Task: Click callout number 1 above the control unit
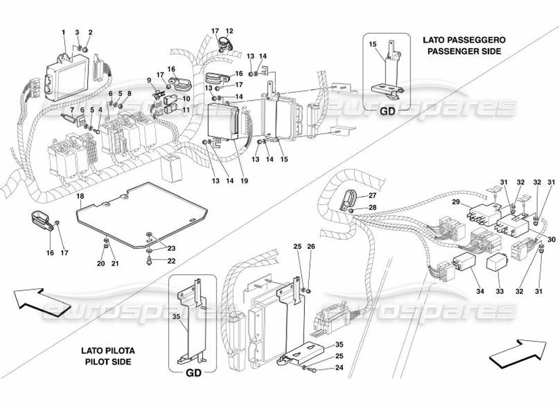[x=64, y=33]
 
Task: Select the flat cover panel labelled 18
[x=142, y=214]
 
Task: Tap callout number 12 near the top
[x=230, y=31]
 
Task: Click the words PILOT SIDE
[x=108, y=362]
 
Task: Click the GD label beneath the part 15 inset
[x=388, y=113]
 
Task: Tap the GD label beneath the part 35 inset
[x=193, y=372]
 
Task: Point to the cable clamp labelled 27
[x=350, y=199]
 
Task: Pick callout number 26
[x=311, y=247]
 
